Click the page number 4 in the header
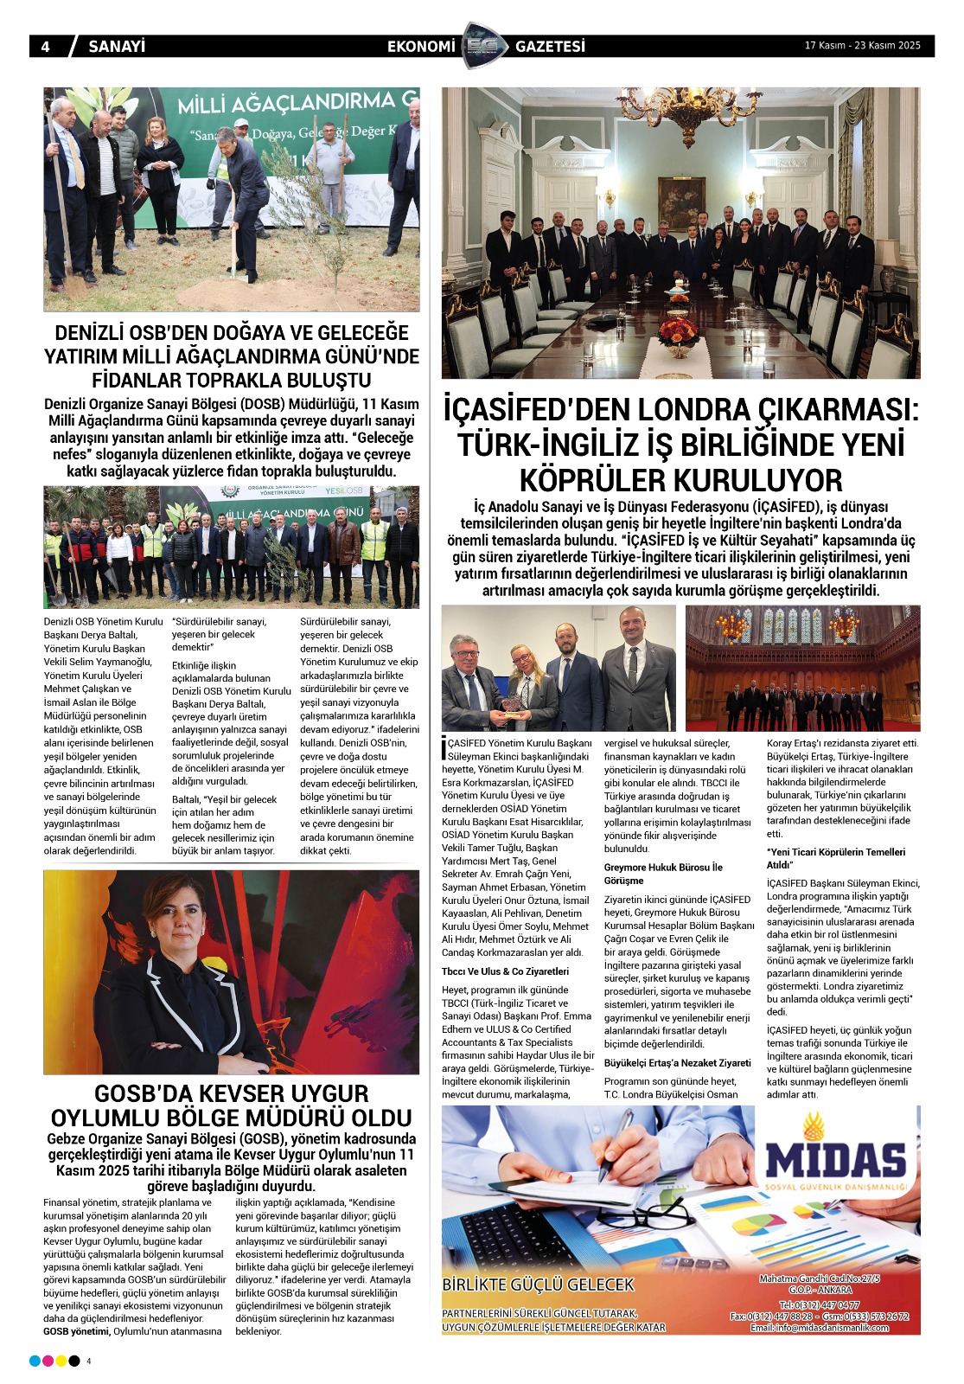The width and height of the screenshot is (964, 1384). pyautogui.click(x=45, y=47)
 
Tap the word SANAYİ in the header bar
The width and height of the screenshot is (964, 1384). pyautogui.click(x=117, y=47)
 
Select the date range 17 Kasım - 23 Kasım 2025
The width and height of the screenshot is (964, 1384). pyautogui.click(x=862, y=46)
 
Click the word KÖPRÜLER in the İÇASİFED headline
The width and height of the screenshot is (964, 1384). pyautogui.click(x=592, y=480)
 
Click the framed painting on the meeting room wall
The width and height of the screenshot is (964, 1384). pyautogui.click(x=681, y=201)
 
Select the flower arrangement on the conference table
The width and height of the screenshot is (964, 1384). pyautogui.click(x=679, y=334)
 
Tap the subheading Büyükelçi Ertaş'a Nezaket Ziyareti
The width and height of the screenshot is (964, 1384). pyautogui.click(x=677, y=1062)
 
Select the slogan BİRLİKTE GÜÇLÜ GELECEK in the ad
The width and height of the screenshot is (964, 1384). pyautogui.click(x=538, y=1285)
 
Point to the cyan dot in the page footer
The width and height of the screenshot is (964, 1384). pyautogui.click(x=35, y=1361)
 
